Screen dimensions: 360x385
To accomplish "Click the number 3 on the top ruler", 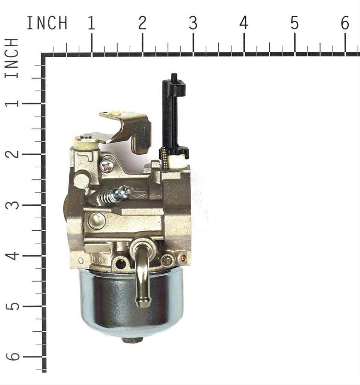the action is tap(193, 23).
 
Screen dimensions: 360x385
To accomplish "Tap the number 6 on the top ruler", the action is tap(345, 23).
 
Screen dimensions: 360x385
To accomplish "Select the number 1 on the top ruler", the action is tap(92, 23).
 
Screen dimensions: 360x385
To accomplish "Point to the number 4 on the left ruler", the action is tap(12, 256).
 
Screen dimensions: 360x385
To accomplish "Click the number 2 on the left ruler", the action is tap(12, 154).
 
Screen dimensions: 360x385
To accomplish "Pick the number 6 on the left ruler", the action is tap(12, 356).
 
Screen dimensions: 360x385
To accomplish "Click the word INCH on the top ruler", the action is tap(47, 23).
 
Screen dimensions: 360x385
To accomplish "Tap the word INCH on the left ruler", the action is tap(12, 58).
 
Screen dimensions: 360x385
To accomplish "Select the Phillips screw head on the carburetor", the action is tap(107, 166).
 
